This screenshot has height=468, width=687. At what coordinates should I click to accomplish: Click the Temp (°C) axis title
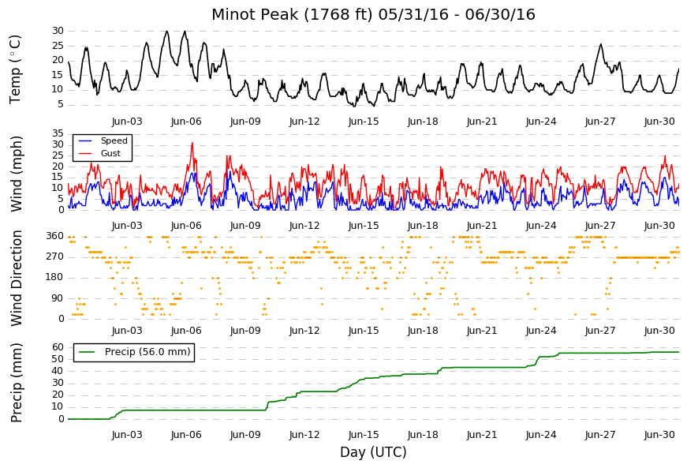click(x=15, y=69)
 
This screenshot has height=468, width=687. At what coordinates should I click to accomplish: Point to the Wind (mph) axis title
click(x=16, y=174)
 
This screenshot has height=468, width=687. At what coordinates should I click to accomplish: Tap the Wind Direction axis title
click(x=16, y=279)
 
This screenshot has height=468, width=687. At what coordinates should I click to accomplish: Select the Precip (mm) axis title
click(x=16, y=383)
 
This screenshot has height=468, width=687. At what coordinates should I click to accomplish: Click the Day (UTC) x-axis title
click(x=373, y=452)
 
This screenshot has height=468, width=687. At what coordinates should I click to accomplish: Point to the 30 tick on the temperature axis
click(x=58, y=31)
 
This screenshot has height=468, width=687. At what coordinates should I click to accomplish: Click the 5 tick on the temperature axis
click(x=61, y=105)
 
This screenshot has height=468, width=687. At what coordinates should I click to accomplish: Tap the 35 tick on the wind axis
click(x=58, y=133)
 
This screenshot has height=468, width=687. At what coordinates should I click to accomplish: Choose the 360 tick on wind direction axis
click(x=55, y=236)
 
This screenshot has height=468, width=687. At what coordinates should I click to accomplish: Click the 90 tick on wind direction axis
click(x=58, y=298)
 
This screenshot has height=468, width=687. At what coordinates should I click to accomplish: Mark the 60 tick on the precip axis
click(x=58, y=347)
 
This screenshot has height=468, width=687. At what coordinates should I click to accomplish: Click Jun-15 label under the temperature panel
click(x=364, y=122)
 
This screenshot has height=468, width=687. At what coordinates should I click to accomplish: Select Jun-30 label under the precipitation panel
click(x=659, y=435)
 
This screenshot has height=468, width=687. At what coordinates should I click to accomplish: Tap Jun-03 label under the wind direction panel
click(x=127, y=331)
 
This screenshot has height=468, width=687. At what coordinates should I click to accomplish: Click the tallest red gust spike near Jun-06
click(x=192, y=143)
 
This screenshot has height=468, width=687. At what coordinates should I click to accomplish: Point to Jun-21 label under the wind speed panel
click(x=482, y=226)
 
